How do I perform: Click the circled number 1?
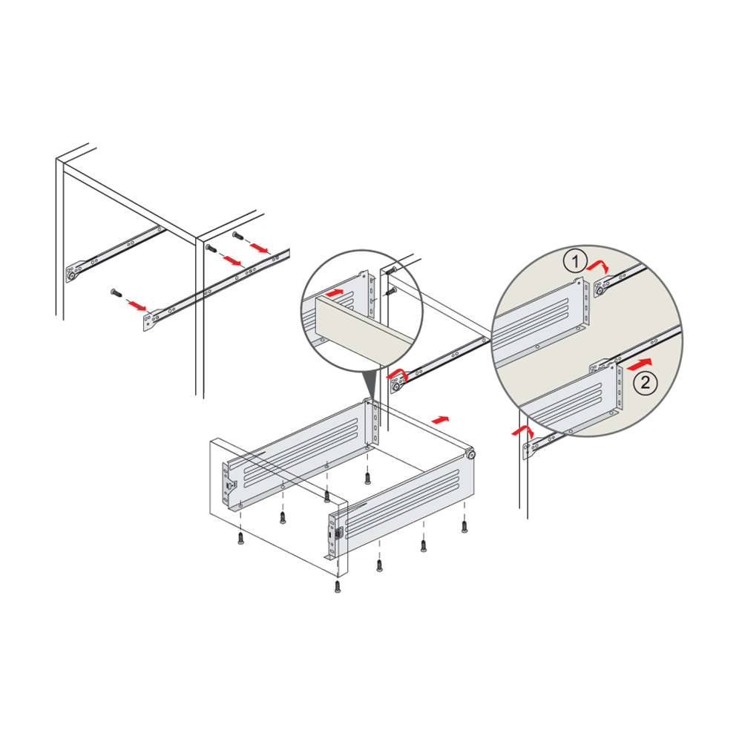(x=575, y=261)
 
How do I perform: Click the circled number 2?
(x=646, y=381)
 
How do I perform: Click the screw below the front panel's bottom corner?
(x=338, y=586)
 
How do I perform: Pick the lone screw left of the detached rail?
(x=116, y=292)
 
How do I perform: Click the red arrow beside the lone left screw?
(x=137, y=306)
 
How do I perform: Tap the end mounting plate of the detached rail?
(x=152, y=318)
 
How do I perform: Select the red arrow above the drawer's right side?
(x=441, y=420)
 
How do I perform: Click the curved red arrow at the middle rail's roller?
(x=396, y=373)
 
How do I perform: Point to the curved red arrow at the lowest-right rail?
(x=522, y=430)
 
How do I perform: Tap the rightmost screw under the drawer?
(x=464, y=526)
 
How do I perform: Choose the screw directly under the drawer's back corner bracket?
(x=368, y=479)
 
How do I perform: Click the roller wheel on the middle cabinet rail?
(x=396, y=387)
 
